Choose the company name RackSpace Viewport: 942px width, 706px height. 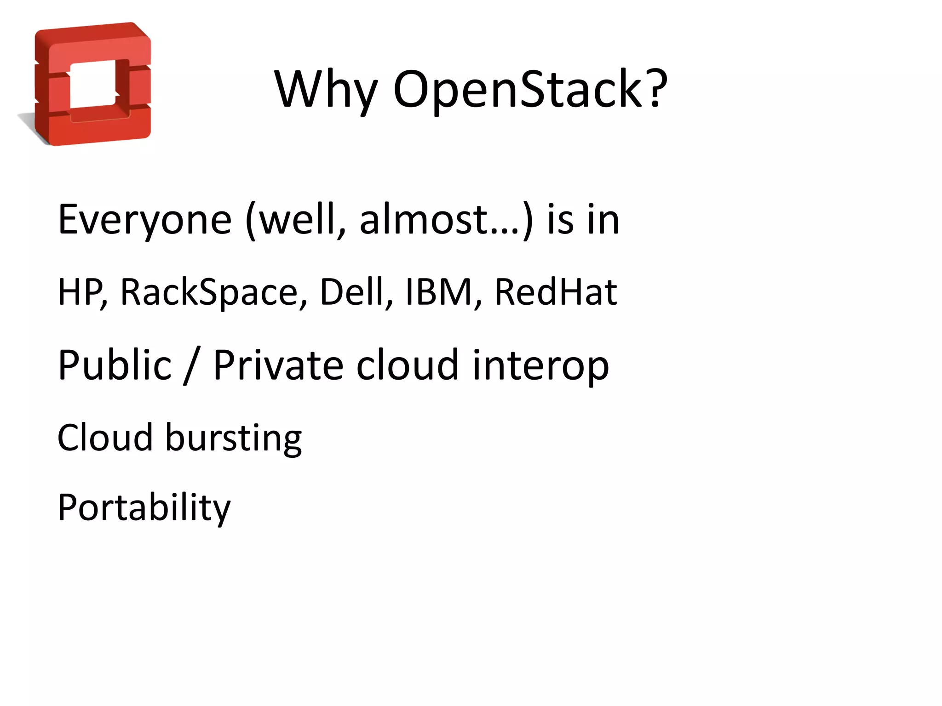click(209, 292)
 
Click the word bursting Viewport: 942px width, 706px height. click(233, 438)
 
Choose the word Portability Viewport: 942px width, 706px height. click(144, 508)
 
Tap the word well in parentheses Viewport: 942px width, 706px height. click(299, 220)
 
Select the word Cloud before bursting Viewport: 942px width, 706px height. click(105, 437)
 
